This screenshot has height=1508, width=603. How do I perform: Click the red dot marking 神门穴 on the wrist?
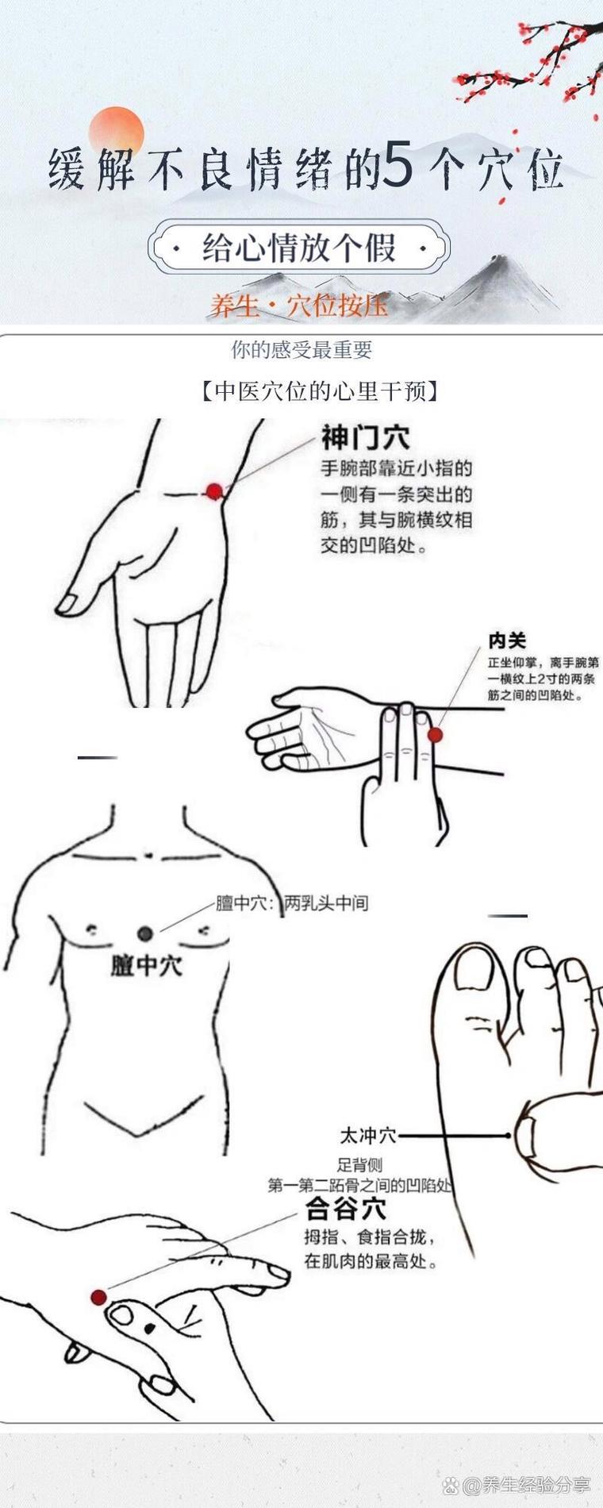tap(214, 491)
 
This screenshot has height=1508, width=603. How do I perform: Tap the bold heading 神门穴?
tap(365, 437)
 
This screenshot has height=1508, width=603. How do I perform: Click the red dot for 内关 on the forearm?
tap(435, 735)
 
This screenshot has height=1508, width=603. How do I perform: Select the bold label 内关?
tap(507, 641)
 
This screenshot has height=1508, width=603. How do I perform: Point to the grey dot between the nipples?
tap(144, 933)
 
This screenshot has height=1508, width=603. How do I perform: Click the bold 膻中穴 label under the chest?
tap(146, 965)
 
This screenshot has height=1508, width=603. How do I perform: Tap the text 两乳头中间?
tap(326, 903)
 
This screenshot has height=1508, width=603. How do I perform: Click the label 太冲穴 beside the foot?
tap(368, 1136)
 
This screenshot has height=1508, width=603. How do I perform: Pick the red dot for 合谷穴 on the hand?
tap(98, 1298)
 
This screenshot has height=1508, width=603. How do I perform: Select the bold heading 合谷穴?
tap(347, 1210)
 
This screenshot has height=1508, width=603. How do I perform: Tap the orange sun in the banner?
tap(117, 132)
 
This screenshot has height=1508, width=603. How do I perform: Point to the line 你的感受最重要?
tap(301, 349)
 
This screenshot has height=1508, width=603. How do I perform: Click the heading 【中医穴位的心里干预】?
tap(320, 391)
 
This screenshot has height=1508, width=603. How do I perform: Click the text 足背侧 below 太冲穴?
tap(359, 1164)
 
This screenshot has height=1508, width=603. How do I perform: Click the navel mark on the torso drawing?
tap(148, 854)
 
